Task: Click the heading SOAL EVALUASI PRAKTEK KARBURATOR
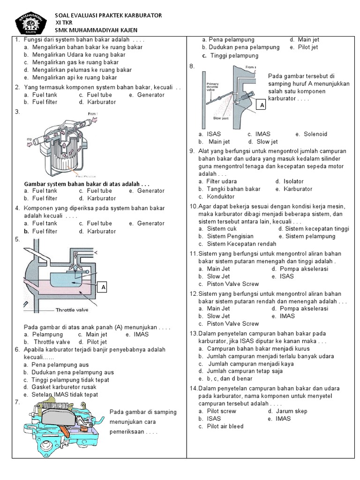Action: click(108, 15)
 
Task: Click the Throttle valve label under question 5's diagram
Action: click(72, 310)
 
